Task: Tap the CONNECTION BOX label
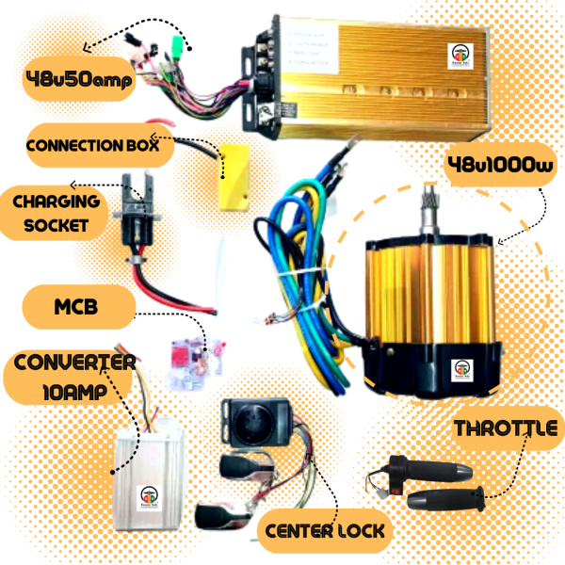click(98, 148)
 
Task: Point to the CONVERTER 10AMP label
click(72, 377)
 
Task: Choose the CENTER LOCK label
click(325, 531)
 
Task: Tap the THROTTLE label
click(506, 429)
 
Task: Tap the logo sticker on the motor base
click(463, 368)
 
